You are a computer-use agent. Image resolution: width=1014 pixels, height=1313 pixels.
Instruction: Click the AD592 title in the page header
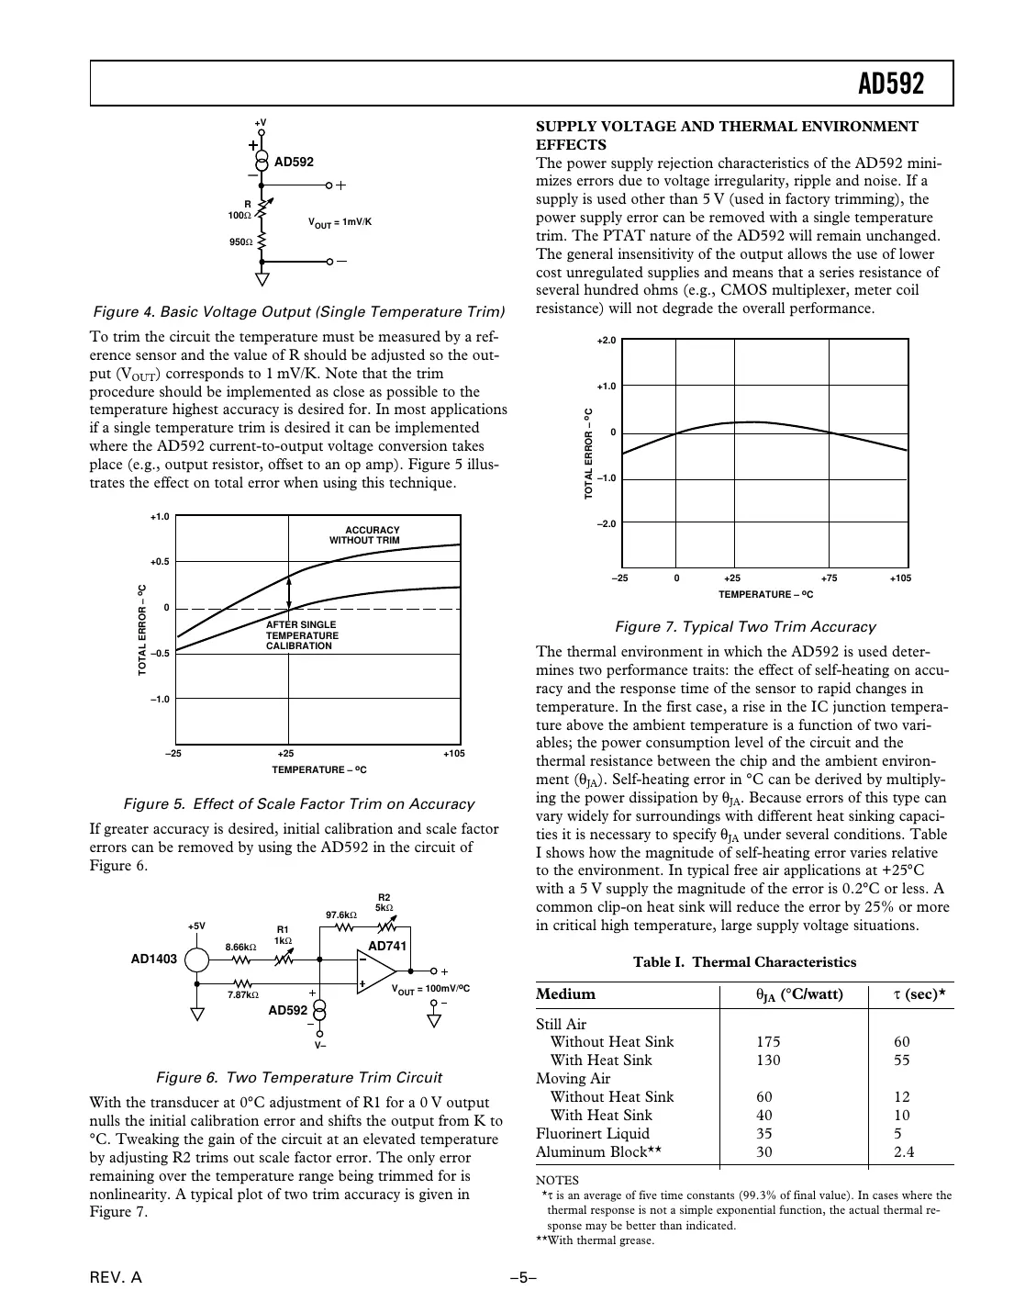[890, 84]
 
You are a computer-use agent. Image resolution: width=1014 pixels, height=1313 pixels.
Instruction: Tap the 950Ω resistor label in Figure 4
[240, 242]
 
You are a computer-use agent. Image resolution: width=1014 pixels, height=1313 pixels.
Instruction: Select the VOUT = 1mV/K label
[340, 223]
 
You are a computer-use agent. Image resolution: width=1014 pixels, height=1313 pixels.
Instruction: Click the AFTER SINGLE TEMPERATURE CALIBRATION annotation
[302, 635]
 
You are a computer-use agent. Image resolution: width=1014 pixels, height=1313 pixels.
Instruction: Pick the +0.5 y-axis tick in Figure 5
[159, 562]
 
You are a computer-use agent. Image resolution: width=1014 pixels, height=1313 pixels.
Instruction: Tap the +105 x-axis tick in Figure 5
[453, 754]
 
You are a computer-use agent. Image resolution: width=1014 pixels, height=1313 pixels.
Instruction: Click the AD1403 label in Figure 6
[153, 959]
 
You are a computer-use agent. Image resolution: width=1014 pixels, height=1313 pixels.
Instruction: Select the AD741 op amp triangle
[374, 971]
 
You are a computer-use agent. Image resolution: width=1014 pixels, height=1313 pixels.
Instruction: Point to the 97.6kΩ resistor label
[341, 915]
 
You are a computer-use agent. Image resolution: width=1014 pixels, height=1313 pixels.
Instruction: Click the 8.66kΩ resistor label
[240, 947]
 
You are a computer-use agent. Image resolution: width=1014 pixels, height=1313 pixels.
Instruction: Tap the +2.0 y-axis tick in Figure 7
[606, 341]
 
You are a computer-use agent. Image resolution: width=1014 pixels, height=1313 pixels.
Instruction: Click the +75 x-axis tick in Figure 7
[829, 578]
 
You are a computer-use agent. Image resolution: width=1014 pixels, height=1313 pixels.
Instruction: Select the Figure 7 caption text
[744, 627]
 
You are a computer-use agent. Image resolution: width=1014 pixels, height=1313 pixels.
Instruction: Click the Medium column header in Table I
[565, 994]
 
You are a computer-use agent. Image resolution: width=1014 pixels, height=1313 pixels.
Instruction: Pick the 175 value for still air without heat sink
[768, 1042]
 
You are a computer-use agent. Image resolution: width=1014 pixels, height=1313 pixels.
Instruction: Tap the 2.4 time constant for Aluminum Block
[904, 1152]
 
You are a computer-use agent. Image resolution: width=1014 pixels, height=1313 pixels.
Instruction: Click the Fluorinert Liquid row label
[592, 1134]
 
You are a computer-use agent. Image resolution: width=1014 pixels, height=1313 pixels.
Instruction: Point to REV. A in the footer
[116, 1279]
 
